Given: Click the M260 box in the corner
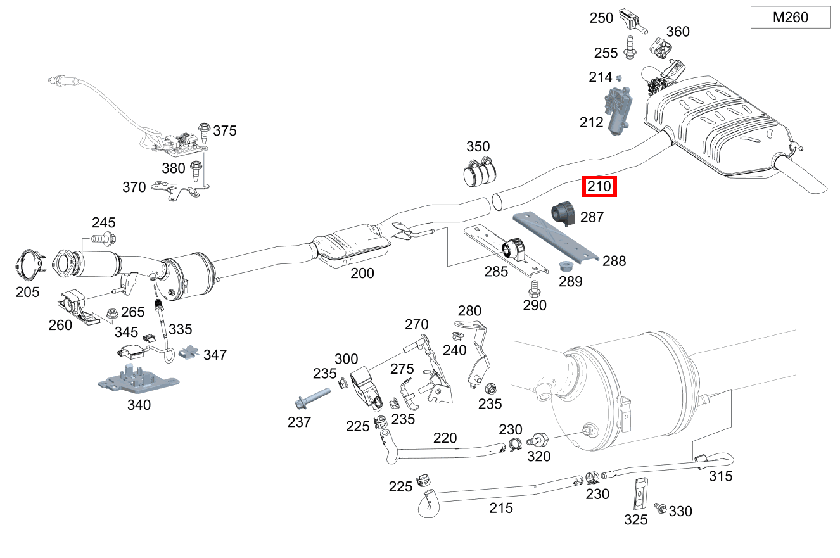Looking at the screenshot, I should (790, 18).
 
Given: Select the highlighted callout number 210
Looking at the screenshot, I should (599, 187).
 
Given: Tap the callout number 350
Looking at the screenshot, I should (478, 147).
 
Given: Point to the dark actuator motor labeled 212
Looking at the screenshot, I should (617, 110).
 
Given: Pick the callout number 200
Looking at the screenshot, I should (362, 274).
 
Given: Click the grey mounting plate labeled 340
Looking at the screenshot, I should (138, 379).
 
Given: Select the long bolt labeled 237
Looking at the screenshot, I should (310, 398).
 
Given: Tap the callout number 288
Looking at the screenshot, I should (614, 260).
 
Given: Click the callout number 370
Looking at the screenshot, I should (134, 187).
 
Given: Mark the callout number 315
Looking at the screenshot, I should (720, 476).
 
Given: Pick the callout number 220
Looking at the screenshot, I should (445, 438).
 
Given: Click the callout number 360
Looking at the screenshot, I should (678, 32).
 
